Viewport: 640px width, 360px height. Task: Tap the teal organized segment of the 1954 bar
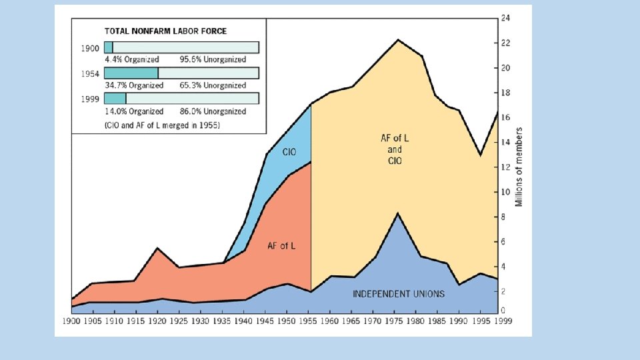(131, 73)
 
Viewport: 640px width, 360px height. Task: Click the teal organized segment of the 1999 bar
(115, 99)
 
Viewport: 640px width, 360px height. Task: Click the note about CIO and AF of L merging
(163, 125)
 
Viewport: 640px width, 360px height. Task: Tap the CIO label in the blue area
(289, 153)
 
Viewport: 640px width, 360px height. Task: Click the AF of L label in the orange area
(281, 246)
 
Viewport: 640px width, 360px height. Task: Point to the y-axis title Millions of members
(520, 167)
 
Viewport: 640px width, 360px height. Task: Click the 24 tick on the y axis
(506, 18)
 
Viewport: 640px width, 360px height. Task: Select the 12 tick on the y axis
(506, 167)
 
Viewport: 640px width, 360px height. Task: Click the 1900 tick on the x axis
(71, 321)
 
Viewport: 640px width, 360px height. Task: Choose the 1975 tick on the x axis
(398, 321)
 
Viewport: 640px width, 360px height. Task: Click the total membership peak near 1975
(398, 40)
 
